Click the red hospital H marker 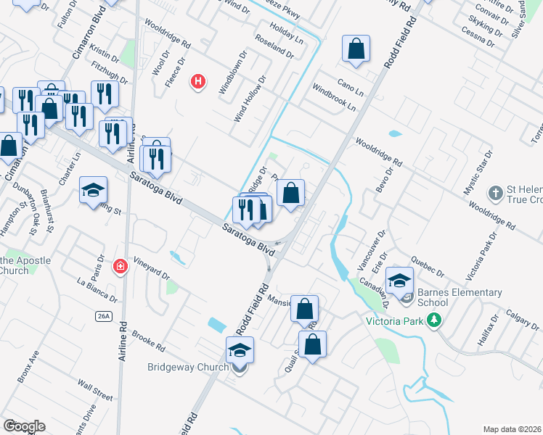[197, 81]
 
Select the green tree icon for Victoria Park [435, 319]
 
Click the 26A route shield [104, 316]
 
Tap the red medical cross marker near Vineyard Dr [121, 268]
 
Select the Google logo [24, 426]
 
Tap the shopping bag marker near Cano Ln [356, 49]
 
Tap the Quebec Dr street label [425, 263]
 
